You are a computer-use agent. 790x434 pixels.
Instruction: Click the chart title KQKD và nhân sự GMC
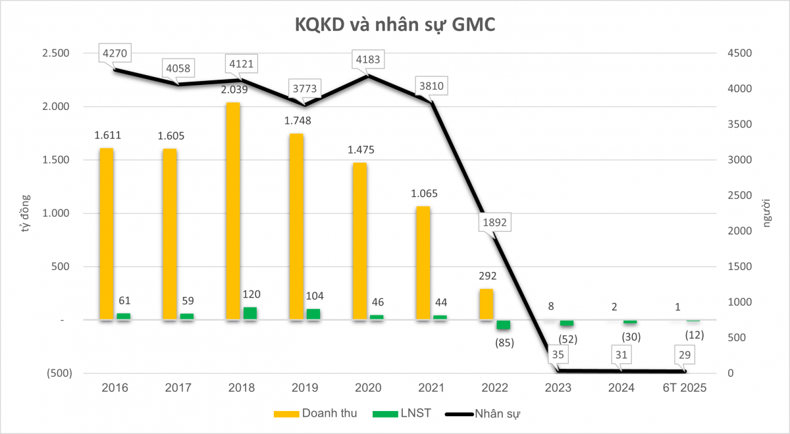(x=394, y=24)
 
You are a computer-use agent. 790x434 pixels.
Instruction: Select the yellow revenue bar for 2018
(x=232, y=211)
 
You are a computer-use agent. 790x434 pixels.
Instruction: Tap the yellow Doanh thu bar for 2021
(x=423, y=263)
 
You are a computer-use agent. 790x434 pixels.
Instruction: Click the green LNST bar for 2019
(x=313, y=314)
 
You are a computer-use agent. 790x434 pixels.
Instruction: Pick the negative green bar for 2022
(x=503, y=325)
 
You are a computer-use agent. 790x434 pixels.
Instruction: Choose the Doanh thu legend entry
(x=315, y=414)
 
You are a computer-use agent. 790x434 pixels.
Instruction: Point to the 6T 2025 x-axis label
(x=685, y=388)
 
